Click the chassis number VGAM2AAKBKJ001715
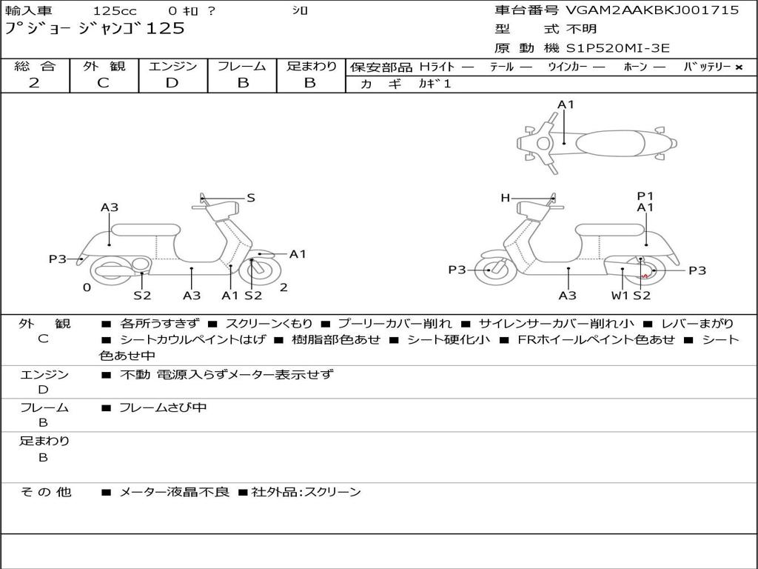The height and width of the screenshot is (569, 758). click(652, 10)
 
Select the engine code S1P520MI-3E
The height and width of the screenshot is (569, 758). click(618, 48)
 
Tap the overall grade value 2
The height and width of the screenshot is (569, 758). click(34, 83)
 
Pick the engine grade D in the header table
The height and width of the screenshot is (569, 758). click(172, 83)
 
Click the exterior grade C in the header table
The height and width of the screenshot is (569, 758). click(103, 83)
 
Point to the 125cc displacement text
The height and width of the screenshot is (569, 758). click(115, 10)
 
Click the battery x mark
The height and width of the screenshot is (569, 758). click(739, 67)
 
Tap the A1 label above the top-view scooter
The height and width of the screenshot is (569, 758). click(566, 104)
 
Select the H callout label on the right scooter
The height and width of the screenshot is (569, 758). click(505, 197)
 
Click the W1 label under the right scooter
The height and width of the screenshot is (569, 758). click(620, 295)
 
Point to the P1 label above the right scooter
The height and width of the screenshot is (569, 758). click(645, 196)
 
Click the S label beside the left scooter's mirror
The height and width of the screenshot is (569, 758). click(250, 197)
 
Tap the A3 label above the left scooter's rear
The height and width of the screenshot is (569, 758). click(110, 207)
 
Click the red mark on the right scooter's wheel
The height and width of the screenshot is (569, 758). click(645, 276)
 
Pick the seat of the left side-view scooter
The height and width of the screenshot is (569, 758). click(146, 230)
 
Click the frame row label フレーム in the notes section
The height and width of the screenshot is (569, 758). click(44, 408)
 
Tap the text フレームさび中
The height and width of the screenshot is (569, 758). click(163, 407)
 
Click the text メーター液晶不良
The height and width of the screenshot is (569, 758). click(174, 492)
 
